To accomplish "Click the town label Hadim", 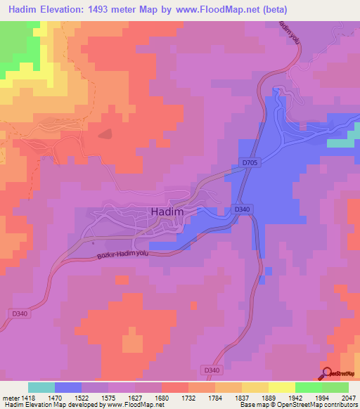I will (x=167, y=212).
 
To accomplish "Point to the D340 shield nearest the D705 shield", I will (x=241, y=209).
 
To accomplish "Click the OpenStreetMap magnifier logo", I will (x=327, y=374).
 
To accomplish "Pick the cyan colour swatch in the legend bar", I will (x=41, y=387).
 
